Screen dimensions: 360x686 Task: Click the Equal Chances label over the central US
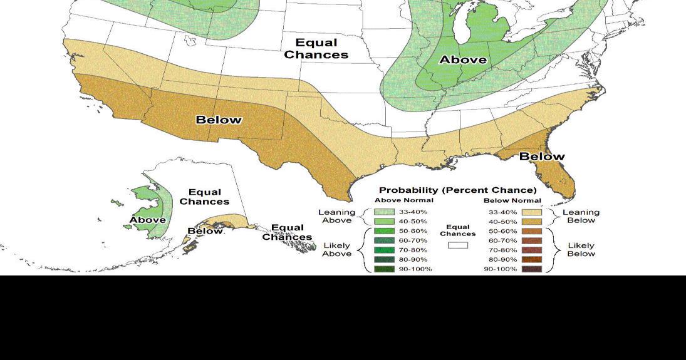pyautogui.click(x=316, y=49)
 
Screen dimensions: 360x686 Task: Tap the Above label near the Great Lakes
pyautogui.click(x=462, y=59)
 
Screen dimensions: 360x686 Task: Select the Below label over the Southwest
pyautogui.click(x=219, y=120)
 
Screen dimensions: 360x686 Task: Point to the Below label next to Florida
pyautogui.click(x=542, y=156)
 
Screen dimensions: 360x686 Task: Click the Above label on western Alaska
pyautogui.click(x=148, y=220)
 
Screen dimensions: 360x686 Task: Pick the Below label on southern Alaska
pyautogui.click(x=205, y=231)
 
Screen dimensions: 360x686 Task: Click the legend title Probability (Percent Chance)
pyautogui.click(x=457, y=190)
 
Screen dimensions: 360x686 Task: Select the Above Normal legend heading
pyautogui.click(x=403, y=200)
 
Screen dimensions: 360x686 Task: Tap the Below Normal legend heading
pyautogui.click(x=512, y=200)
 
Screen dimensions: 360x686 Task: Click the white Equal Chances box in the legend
pyautogui.click(x=457, y=245)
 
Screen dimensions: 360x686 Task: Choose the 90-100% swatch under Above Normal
pyautogui.click(x=384, y=269)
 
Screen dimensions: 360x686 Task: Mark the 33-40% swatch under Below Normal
pyautogui.click(x=531, y=212)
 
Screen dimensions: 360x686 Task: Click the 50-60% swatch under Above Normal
pyautogui.click(x=384, y=231)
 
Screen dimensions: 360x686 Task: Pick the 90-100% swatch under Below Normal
pyautogui.click(x=531, y=269)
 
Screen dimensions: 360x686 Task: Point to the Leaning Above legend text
pyautogui.click(x=336, y=216)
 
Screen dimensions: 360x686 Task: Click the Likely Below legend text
pyautogui.click(x=581, y=249)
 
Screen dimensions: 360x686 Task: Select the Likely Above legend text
pyautogui.click(x=336, y=249)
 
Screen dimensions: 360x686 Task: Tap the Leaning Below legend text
pyautogui.click(x=581, y=216)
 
